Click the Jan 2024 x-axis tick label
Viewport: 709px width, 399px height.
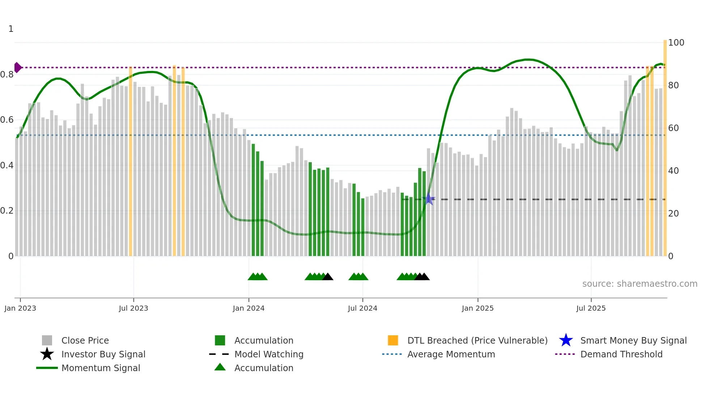[x=249, y=308]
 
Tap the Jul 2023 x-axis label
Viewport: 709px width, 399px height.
[x=133, y=308]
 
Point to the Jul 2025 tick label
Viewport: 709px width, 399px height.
[x=591, y=308]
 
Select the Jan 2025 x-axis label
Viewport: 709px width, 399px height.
[x=477, y=308]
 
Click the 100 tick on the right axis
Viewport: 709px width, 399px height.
[x=676, y=43]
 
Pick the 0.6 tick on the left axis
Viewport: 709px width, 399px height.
[x=7, y=120]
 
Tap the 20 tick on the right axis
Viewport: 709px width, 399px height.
[x=674, y=214]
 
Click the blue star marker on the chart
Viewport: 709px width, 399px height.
[x=429, y=199]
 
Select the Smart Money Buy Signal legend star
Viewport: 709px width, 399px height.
[x=566, y=340]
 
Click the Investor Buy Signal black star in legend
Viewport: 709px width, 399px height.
[x=47, y=354]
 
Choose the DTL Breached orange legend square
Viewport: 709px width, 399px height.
[x=393, y=340]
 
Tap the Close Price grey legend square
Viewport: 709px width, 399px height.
[x=47, y=340]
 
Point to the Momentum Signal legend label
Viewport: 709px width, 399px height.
[x=101, y=368]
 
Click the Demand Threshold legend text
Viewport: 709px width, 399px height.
[x=621, y=354]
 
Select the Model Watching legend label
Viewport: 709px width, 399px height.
[x=269, y=354]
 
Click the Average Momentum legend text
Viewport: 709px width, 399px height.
[x=451, y=354]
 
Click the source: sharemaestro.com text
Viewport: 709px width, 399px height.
[x=640, y=284]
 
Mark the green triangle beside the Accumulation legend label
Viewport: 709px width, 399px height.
[x=220, y=367]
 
